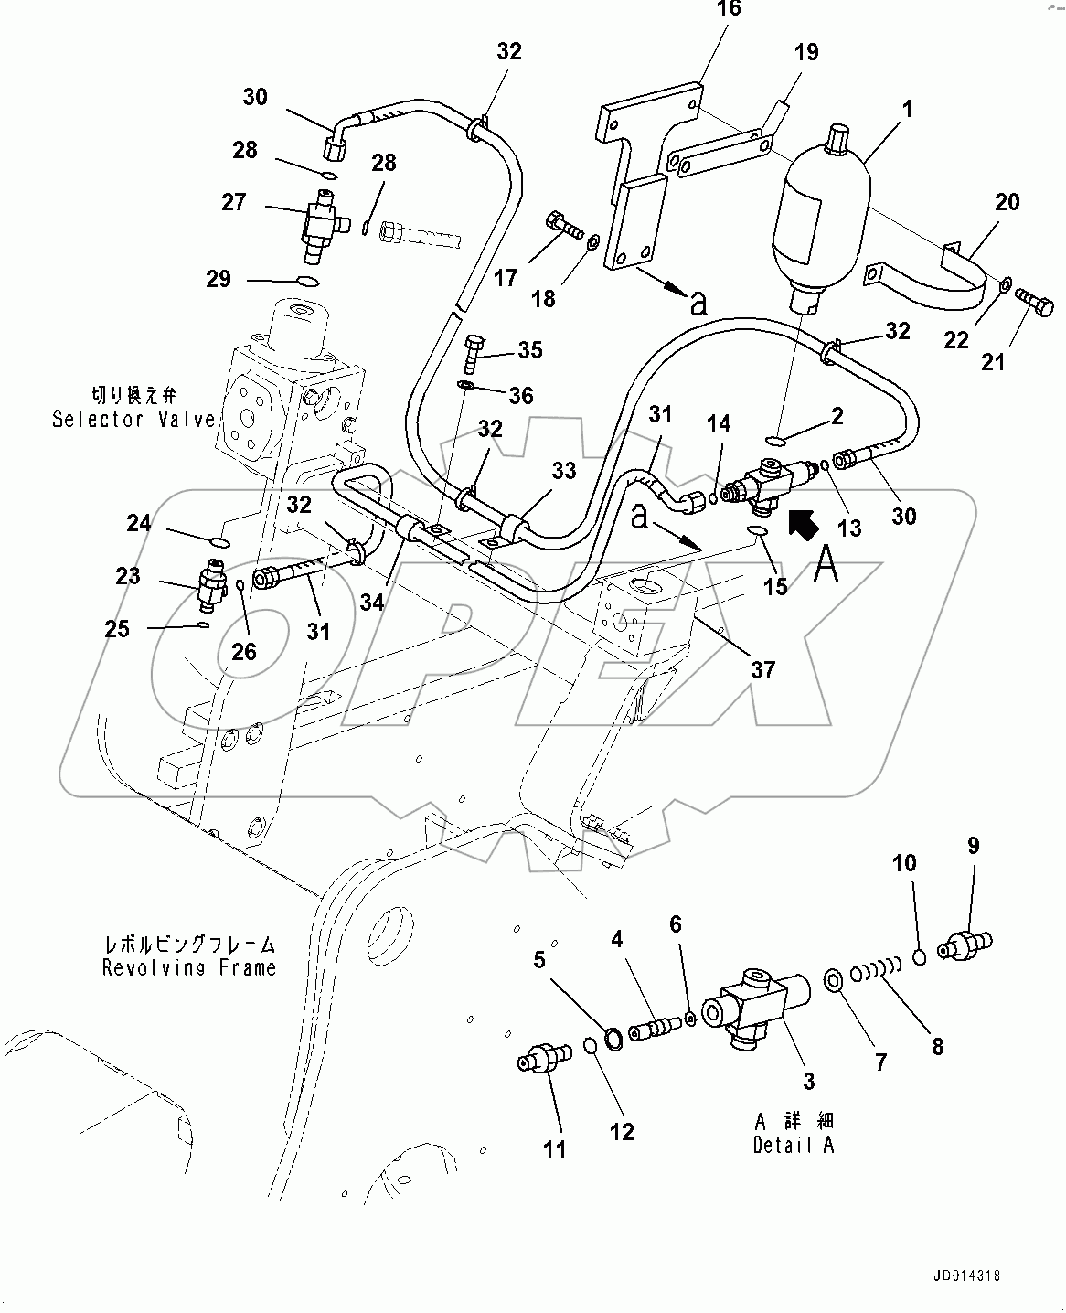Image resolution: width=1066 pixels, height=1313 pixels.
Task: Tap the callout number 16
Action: (x=728, y=10)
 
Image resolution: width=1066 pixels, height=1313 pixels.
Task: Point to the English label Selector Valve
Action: (x=133, y=420)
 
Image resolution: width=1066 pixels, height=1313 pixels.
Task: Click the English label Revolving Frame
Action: (x=189, y=967)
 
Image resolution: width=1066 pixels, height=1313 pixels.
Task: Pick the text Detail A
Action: (x=794, y=1144)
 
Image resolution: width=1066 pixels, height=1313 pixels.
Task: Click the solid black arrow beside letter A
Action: (x=802, y=525)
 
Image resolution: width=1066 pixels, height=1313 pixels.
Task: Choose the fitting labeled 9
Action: (x=965, y=943)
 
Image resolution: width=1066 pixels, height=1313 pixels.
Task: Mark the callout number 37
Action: (x=762, y=669)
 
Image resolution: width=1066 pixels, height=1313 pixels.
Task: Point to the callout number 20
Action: (x=1007, y=201)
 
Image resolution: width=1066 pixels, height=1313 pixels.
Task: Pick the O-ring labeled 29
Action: (x=309, y=282)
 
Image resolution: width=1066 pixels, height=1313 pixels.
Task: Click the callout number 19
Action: (x=805, y=52)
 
